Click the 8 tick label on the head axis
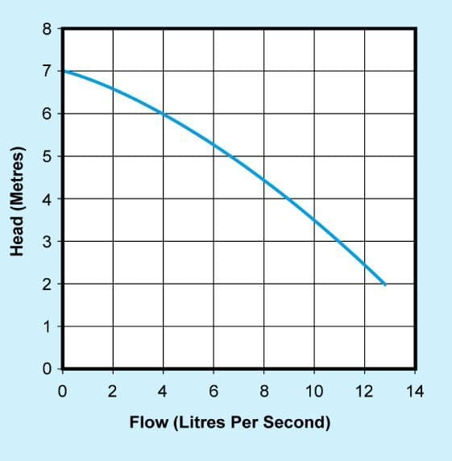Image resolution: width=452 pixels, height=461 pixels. click(47, 29)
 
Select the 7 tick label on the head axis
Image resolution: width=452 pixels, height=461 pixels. click(47, 72)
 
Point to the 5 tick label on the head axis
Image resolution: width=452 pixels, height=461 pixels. click(47, 156)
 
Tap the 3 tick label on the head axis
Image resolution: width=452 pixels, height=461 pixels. click(47, 242)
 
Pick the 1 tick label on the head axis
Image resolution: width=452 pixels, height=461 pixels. click(47, 326)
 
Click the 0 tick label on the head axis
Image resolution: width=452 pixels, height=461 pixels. click(47, 368)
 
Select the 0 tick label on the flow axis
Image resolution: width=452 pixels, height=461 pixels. click(62, 392)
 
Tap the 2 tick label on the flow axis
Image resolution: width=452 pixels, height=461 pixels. click(113, 392)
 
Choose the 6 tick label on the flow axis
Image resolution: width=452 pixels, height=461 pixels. click(214, 392)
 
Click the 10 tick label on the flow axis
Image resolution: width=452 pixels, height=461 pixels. click(314, 392)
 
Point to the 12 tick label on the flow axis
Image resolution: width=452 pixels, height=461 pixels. click(364, 392)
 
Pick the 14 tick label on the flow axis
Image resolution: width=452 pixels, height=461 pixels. click(415, 392)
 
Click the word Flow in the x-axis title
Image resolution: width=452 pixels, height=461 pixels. click(149, 422)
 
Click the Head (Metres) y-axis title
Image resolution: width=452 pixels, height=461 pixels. click(17, 201)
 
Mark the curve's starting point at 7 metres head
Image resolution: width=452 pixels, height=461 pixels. click(64, 71)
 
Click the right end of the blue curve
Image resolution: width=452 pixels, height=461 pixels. click(385, 284)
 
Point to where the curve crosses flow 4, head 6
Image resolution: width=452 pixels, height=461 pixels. click(164, 114)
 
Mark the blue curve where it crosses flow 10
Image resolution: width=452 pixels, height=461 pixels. click(314, 220)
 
